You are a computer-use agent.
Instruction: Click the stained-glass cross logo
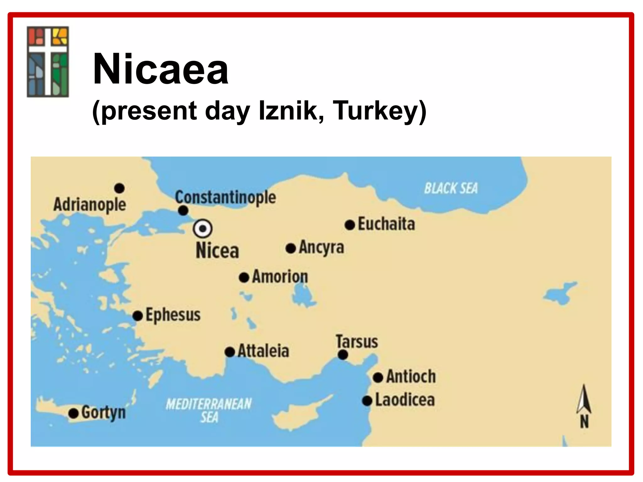click(x=48, y=62)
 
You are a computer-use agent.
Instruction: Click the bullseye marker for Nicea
click(x=203, y=228)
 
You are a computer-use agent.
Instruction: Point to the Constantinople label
click(x=225, y=197)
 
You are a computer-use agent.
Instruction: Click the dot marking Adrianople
click(x=119, y=188)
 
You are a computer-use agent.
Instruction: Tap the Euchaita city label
click(x=386, y=224)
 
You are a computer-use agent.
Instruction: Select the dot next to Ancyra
click(x=291, y=249)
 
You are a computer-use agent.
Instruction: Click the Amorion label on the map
click(x=280, y=277)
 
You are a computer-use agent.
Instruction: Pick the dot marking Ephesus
click(x=138, y=316)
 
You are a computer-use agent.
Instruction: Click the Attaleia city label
click(x=263, y=351)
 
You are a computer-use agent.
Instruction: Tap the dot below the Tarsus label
click(x=343, y=355)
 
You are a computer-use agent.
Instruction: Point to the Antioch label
click(x=411, y=376)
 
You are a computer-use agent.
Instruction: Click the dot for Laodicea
click(x=367, y=401)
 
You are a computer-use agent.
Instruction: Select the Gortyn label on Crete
click(x=104, y=412)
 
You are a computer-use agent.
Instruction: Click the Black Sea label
click(x=451, y=188)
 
